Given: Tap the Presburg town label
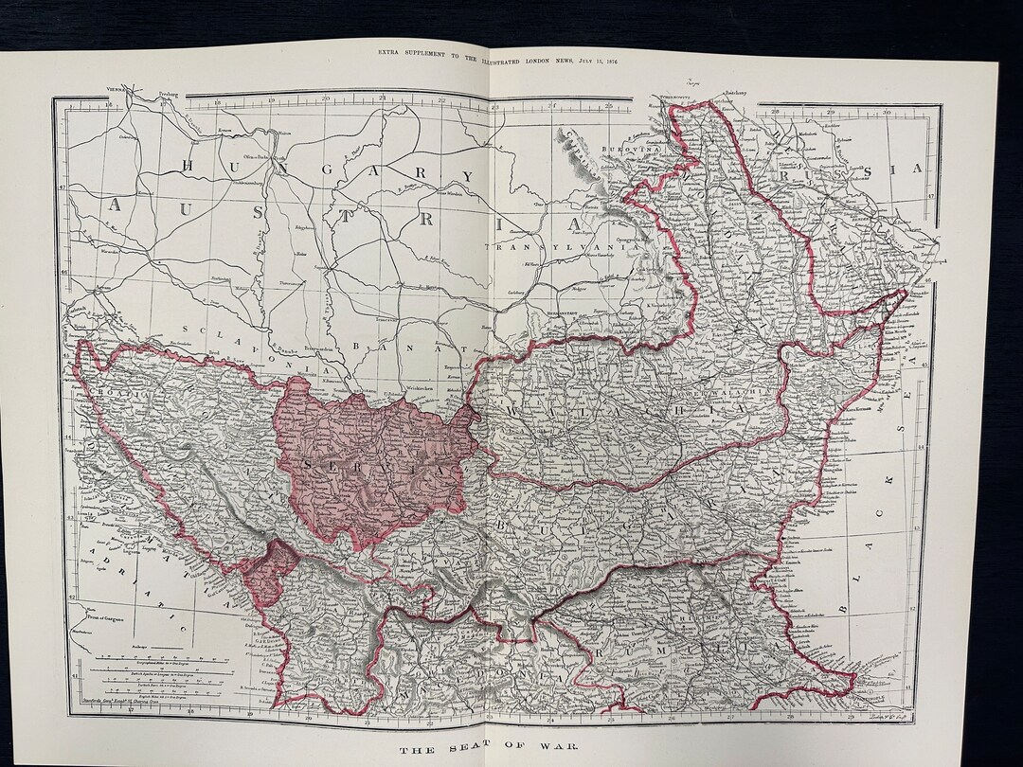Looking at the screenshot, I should [x=169, y=96].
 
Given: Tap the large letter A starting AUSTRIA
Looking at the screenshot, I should [x=117, y=205].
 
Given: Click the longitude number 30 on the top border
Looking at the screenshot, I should [x=886, y=113].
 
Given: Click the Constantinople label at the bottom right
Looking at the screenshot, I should [x=876, y=699].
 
